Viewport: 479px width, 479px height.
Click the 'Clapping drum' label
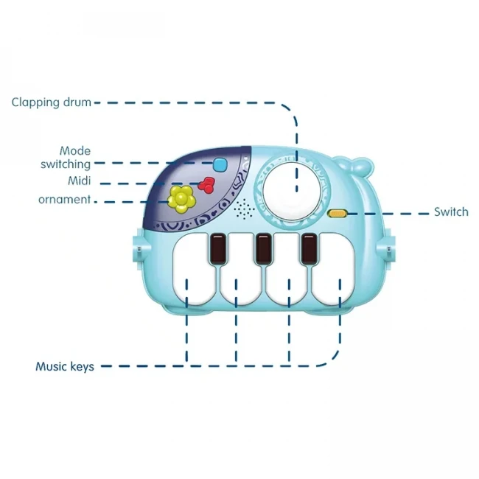(51, 102)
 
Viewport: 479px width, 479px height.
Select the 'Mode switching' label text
(65, 158)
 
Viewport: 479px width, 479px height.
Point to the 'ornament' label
(65, 200)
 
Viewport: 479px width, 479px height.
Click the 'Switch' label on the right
(450, 212)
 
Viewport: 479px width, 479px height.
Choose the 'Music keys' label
(65, 366)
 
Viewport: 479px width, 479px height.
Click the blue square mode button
(220, 164)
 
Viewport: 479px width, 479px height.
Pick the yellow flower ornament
(180, 197)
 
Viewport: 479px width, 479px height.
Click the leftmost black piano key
(218, 249)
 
